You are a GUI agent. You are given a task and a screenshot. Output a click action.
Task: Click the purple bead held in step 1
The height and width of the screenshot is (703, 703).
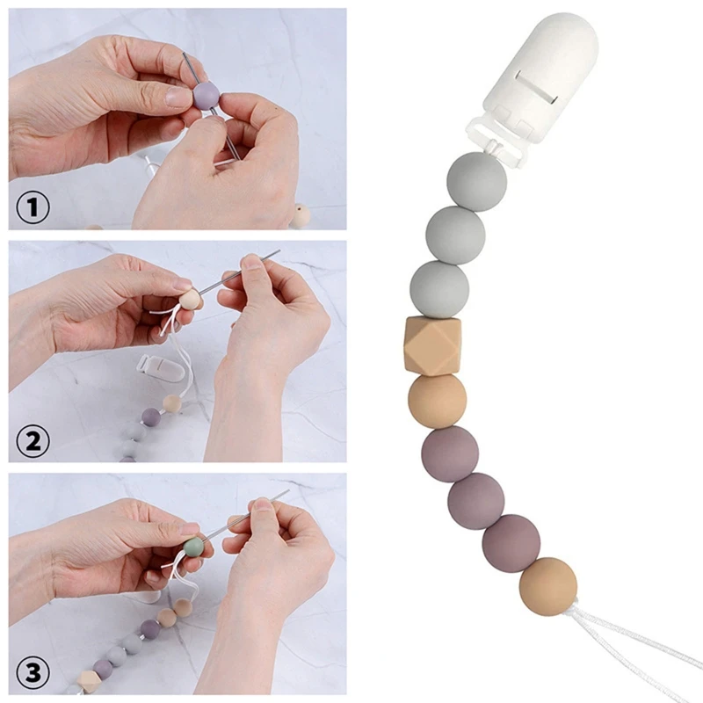point(206,94)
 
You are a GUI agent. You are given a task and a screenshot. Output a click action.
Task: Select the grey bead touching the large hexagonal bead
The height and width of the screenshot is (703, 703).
point(439,287)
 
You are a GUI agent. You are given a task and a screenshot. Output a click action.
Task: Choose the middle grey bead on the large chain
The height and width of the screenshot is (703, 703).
point(455,233)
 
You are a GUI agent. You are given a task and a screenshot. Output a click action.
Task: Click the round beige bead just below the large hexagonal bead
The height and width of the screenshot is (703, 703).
point(437,401)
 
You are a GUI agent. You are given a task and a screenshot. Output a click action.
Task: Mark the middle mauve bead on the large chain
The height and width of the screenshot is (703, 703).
point(475,500)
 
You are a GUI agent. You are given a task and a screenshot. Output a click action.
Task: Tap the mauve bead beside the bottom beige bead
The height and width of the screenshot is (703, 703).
point(511,543)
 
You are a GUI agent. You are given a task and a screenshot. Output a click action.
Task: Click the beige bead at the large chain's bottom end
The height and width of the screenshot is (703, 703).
point(548,585)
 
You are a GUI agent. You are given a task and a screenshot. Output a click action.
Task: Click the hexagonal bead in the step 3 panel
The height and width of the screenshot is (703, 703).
point(90,678)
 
